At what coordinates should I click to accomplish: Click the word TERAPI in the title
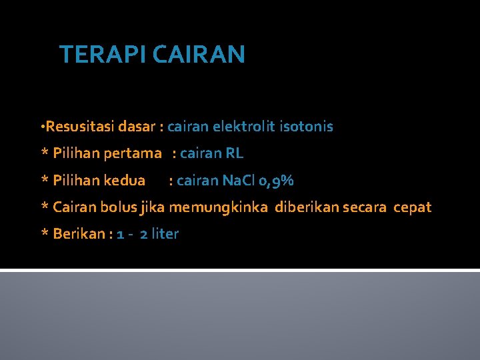[x=103, y=54]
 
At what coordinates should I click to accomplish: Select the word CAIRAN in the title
[x=199, y=54]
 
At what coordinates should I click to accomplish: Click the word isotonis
[x=306, y=127]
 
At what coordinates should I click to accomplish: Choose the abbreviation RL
[x=235, y=153]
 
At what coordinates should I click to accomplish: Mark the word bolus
[x=118, y=207]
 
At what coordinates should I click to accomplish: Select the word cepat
[x=413, y=208]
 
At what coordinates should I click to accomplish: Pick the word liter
[x=165, y=234]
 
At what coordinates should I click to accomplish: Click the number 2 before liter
[x=144, y=234]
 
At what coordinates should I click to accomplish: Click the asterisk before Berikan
[x=45, y=234]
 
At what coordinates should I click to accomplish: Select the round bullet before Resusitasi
[x=43, y=127]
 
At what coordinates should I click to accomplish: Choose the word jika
[x=153, y=208]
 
